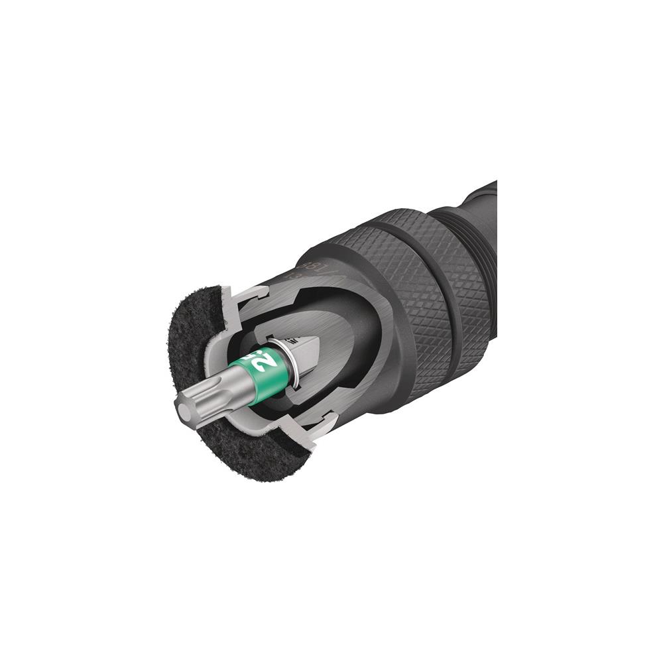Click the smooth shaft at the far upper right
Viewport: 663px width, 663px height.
click(x=487, y=196)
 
